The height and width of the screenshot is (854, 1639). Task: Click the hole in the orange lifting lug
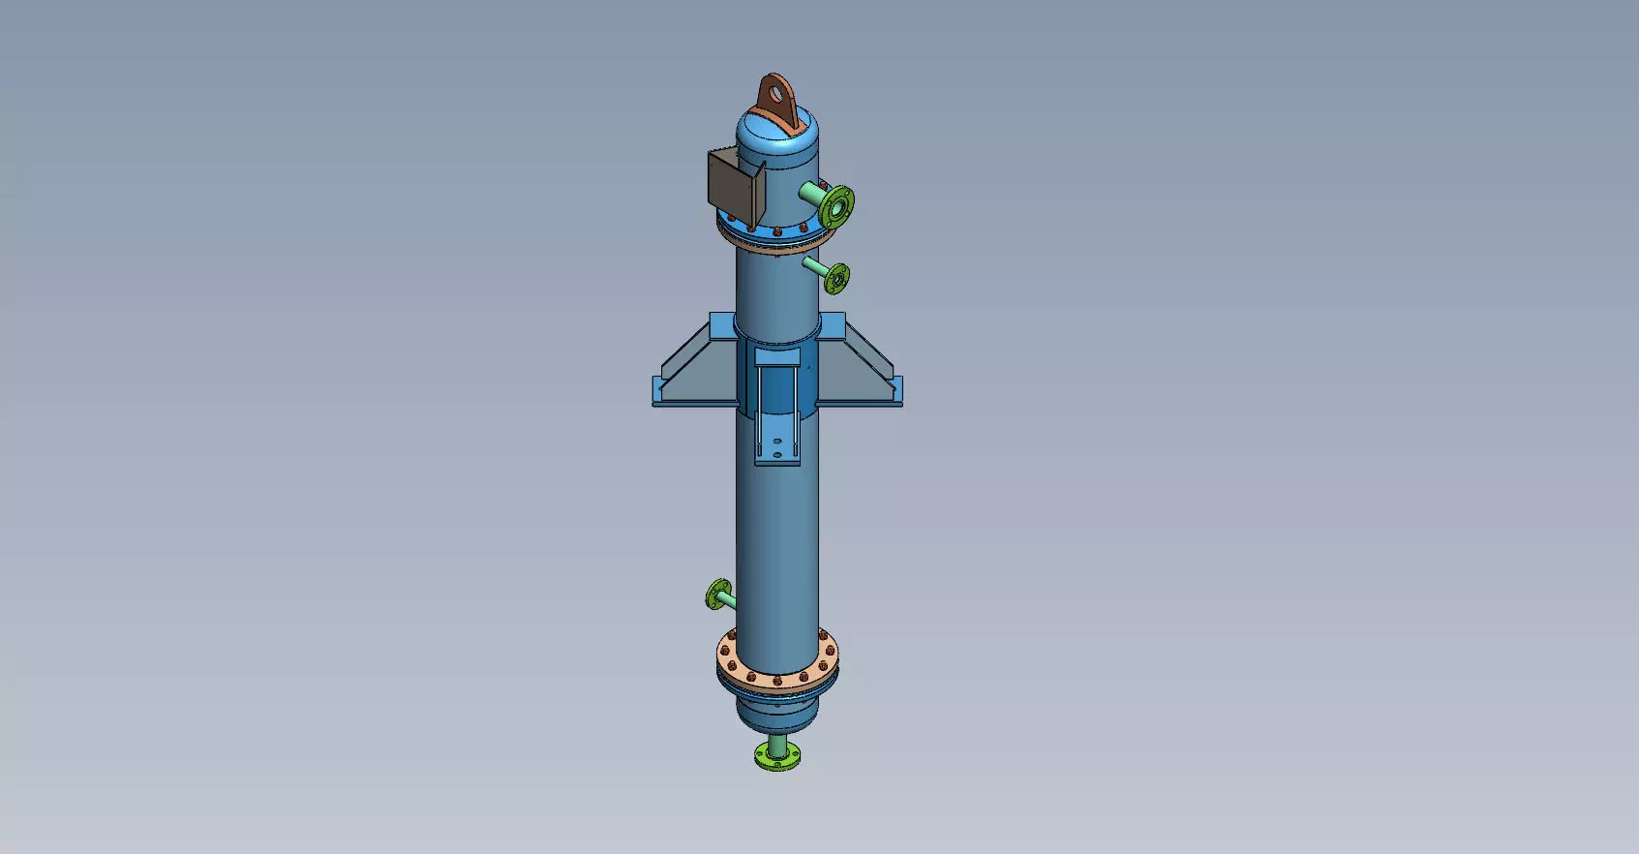click(x=774, y=94)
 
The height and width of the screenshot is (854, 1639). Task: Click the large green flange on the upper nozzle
click(x=835, y=205)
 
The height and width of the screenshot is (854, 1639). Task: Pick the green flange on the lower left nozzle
click(x=717, y=594)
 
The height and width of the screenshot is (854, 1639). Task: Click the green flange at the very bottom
click(x=777, y=757)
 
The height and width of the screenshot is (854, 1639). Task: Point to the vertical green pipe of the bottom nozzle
click(x=777, y=743)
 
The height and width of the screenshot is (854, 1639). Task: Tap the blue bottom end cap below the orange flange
click(x=776, y=712)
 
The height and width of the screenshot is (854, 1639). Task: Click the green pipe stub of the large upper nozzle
click(x=810, y=195)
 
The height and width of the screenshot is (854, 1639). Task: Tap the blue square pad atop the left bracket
click(x=721, y=324)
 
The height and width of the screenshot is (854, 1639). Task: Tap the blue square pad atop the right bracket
click(x=833, y=324)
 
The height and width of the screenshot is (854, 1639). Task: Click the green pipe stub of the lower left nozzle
click(x=728, y=600)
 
